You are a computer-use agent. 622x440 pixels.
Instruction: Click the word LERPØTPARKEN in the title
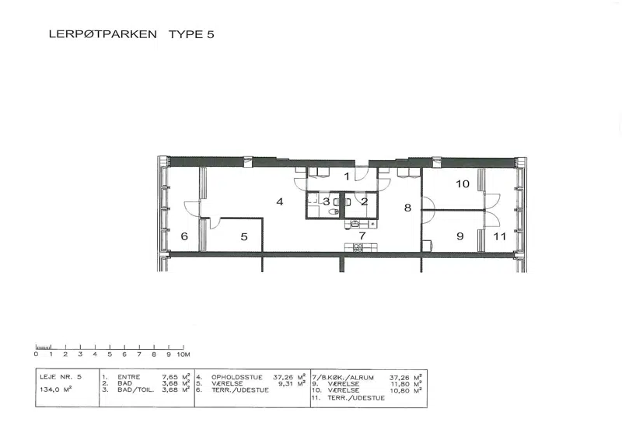click(x=103, y=34)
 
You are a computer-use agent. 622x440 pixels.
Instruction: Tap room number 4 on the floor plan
click(x=280, y=201)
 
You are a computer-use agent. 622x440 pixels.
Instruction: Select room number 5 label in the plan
click(x=244, y=237)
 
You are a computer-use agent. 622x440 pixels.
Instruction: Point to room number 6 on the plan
click(x=184, y=236)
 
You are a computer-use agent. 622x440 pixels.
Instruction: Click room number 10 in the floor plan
click(x=463, y=183)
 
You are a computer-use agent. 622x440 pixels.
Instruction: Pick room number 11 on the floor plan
click(x=500, y=236)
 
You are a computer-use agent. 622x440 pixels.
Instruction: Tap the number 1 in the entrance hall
click(x=347, y=176)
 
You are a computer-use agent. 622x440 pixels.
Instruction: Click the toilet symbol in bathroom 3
click(x=334, y=211)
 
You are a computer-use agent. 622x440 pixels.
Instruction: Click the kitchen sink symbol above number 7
click(x=355, y=224)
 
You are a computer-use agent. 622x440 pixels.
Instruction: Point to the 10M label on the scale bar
click(x=183, y=354)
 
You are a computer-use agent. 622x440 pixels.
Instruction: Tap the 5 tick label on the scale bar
click(x=110, y=354)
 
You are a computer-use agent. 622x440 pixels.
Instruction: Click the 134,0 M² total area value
click(x=55, y=389)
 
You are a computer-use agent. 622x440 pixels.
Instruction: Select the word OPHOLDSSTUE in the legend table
click(x=237, y=377)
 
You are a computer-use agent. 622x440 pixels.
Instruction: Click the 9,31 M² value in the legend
click(x=292, y=383)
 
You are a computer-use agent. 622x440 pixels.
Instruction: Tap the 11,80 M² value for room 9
click(x=405, y=384)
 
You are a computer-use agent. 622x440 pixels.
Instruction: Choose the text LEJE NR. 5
click(x=61, y=376)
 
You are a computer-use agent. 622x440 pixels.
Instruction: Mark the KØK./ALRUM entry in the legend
click(x=349, y=377)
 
